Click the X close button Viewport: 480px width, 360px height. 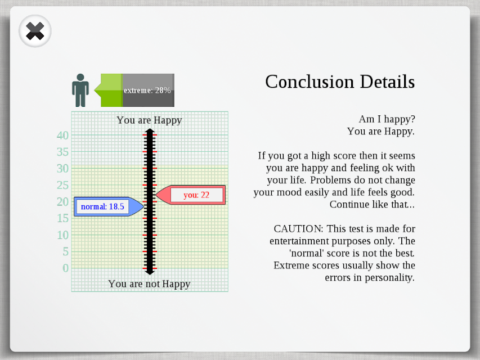click(x=35, y=31)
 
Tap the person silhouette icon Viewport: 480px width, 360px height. click(x=80, y=90)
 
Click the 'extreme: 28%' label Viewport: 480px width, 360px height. click(x=147, y=91)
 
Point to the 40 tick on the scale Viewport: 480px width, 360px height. click(x=63, y=136)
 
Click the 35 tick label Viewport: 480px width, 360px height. click(x=63, y=152)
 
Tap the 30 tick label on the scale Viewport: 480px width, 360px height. click(x=63, y=168)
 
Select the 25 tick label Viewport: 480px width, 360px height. click(x=63, y=185)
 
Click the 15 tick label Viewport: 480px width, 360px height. click(x=63, y=218)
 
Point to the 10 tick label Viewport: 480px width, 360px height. click(x=63, y=235)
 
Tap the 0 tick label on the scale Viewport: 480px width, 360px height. click(x=65, y=268)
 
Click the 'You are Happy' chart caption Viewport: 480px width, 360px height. click(x=149, y=120)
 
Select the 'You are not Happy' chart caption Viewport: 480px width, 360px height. click(x=149, y=284)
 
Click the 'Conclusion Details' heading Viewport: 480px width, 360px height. click(x=340, y=82)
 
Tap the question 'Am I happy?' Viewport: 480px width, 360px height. click(x=387, y=119)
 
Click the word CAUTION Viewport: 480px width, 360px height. click(x=298, y=229)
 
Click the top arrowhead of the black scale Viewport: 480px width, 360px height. click(x=150, y=132)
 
